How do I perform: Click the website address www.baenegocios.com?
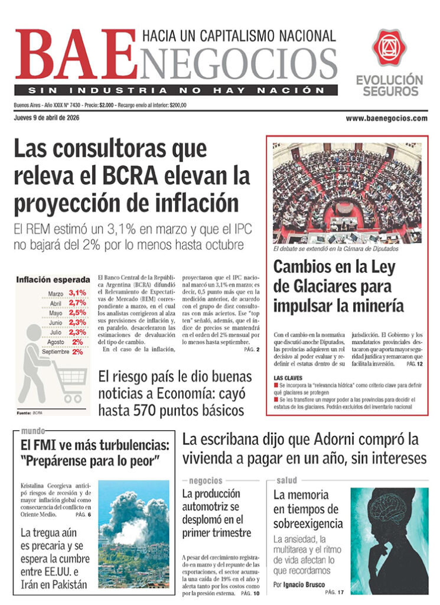click(386, 118)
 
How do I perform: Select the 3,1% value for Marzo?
click(77, 293)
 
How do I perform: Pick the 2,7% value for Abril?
click(77, 302)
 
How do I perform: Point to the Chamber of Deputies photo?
click(347, 193)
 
